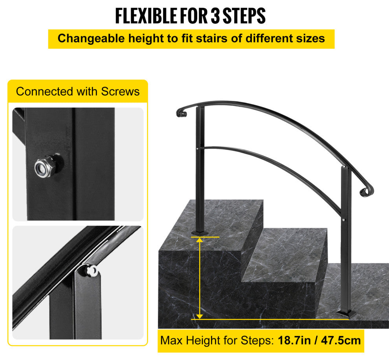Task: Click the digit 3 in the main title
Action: (x=215, y=16)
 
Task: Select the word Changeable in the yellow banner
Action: (x=91, y=39)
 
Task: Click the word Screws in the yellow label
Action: (x=120, y=91)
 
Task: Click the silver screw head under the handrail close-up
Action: (x=91, y=270)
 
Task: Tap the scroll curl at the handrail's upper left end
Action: (x=182, y=113)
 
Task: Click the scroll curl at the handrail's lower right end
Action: (x=367, y=191)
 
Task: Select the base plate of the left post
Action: (x=200, y=233)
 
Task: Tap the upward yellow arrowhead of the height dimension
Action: (x=200, y=239)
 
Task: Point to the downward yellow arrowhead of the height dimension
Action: (x=200, y=317)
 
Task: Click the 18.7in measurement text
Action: (x=294, y=340)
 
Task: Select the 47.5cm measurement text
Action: (x=341, y=340)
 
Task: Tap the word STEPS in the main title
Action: (x=244, y=16)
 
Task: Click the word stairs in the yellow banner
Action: (x=212, y=39)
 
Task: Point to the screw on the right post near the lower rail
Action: (x=343, y=220)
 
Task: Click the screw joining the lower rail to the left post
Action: (x=197, y=149)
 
